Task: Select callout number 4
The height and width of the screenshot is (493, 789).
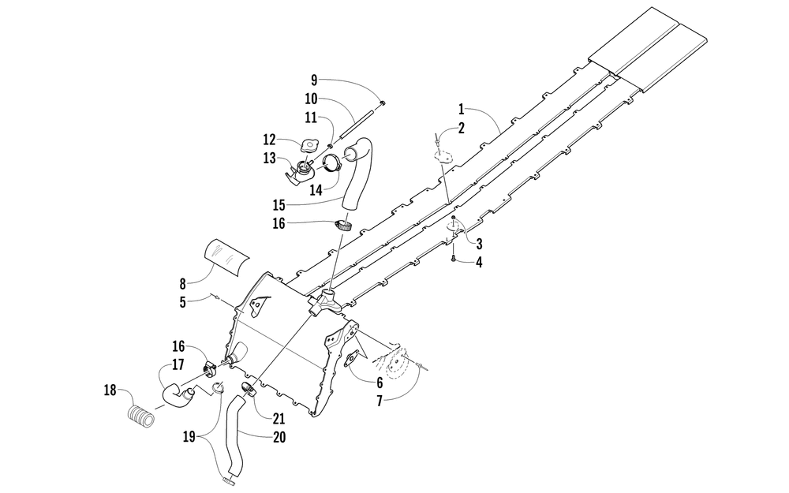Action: (x=479, y=262)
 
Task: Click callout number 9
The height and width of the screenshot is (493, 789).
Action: (x=314, y=80)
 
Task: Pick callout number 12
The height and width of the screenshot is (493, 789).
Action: (x=269, y=140)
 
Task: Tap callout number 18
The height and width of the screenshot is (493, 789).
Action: (x=109, y=390)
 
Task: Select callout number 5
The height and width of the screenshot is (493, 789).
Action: (x=182, y=301)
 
